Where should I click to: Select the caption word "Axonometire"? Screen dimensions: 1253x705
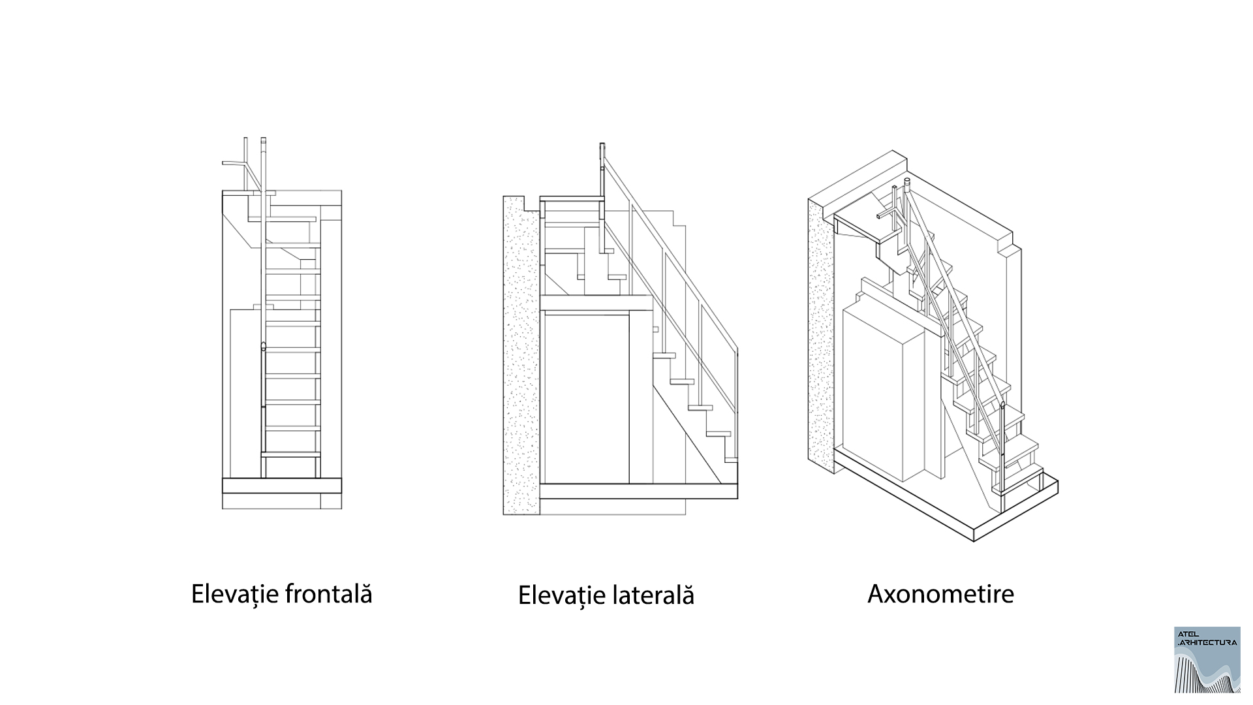[x=940, y=594]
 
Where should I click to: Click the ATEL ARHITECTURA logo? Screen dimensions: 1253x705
[x=1207, y=659]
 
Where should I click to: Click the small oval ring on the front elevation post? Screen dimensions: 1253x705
[x=263, y=347]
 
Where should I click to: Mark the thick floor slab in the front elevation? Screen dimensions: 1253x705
[x=282, y=485]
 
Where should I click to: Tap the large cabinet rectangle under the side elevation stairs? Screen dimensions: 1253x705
[x=585, y=398]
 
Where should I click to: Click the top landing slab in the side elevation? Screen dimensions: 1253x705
[x=571, y=198]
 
